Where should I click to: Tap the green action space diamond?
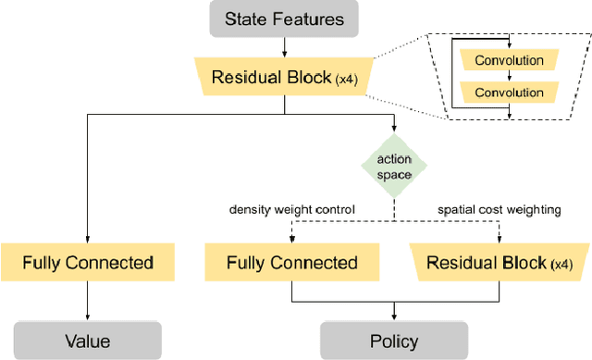[x=394, y=167]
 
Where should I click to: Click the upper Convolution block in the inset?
[x=509, y=61]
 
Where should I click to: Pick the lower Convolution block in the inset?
[x=509, y=93]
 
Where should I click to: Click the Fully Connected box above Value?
[x=87, y=263]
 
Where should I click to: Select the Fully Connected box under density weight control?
[x=292, y=263]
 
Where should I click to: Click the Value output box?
[x=87, y=341]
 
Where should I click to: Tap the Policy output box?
[x=394, y=341]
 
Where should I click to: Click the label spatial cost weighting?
[x=499, y=210]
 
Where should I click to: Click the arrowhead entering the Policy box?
[x=394, y=317]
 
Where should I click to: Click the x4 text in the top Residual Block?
[x=348, y=79]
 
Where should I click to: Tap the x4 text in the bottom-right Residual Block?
[x=561, y=265]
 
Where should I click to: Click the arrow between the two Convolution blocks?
[x=510, y=77]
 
